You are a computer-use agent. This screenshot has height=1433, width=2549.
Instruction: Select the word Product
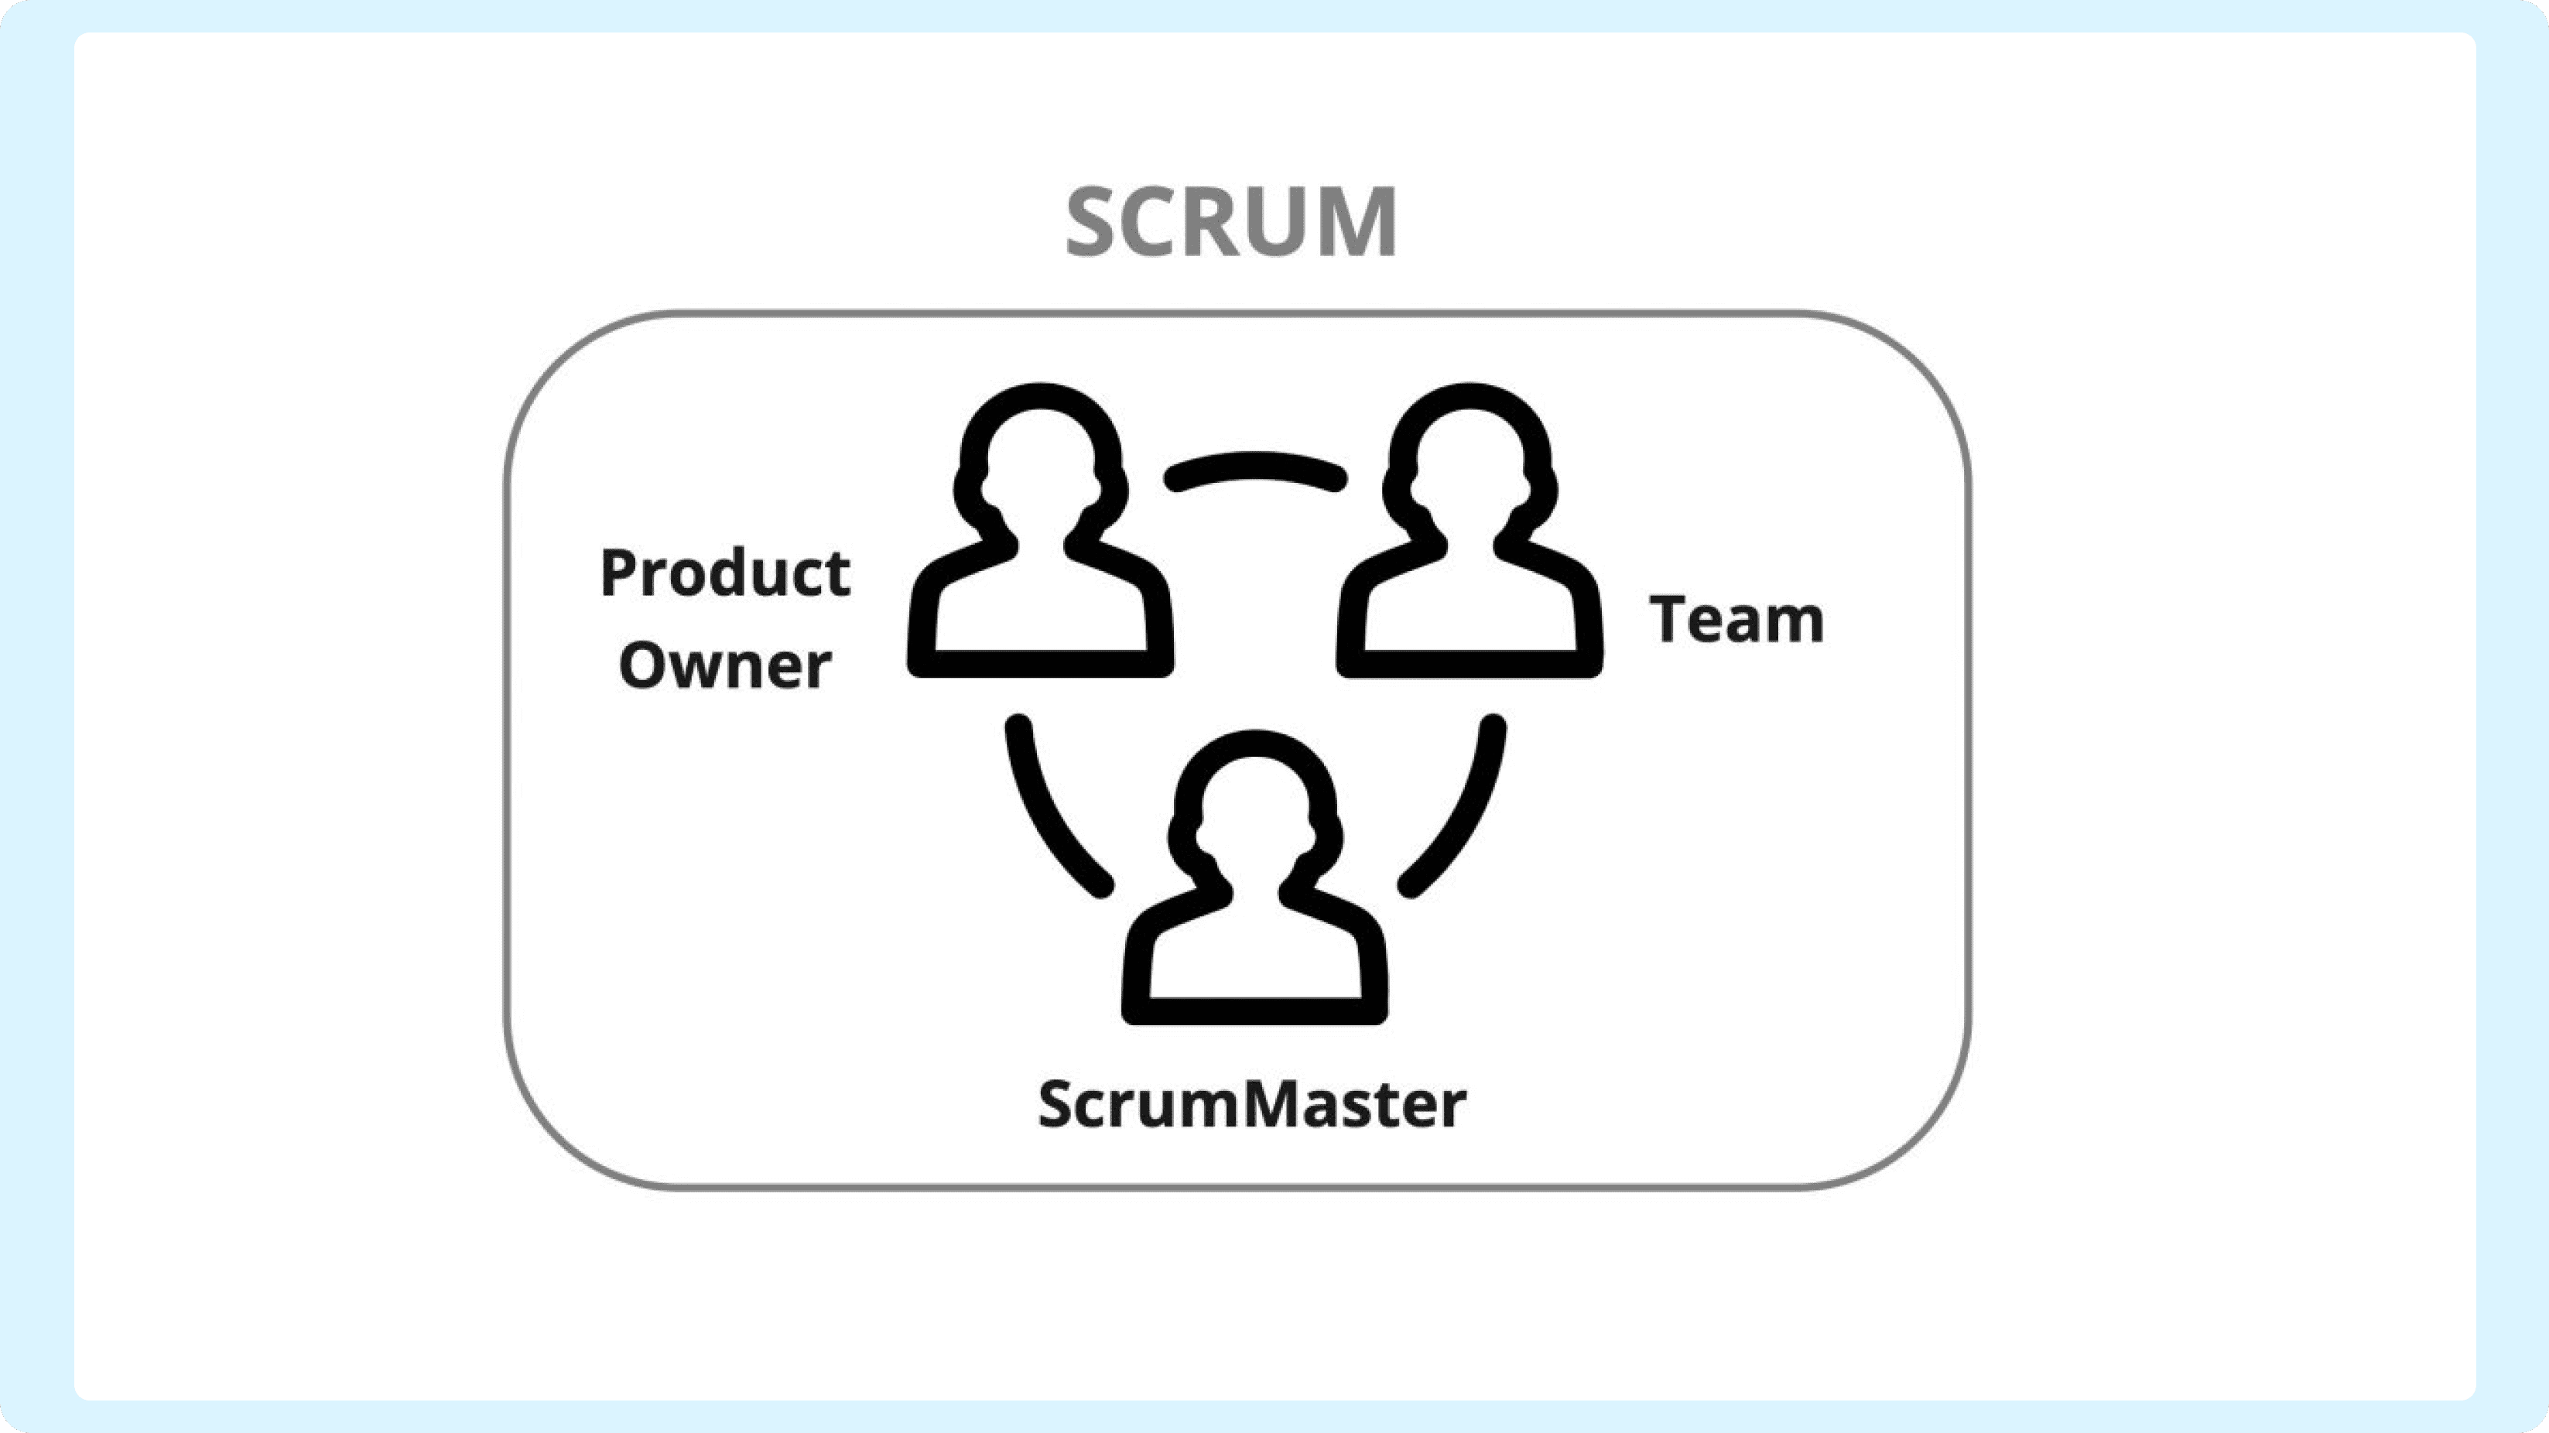tap(725, 573)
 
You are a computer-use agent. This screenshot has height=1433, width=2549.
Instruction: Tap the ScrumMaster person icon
tap(1254, 877)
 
